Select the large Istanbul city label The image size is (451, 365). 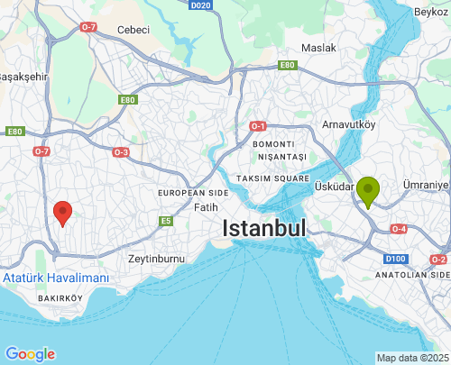265,229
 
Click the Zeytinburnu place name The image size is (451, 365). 156,258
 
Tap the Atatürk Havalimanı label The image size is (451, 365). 55,278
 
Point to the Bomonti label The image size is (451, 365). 273,144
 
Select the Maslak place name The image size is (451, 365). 318,48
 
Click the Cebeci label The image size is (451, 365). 133,29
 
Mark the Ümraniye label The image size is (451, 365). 426,185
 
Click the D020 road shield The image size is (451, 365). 201,5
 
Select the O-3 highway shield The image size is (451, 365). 121,152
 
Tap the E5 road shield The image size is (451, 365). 166,221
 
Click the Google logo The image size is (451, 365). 29,354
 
